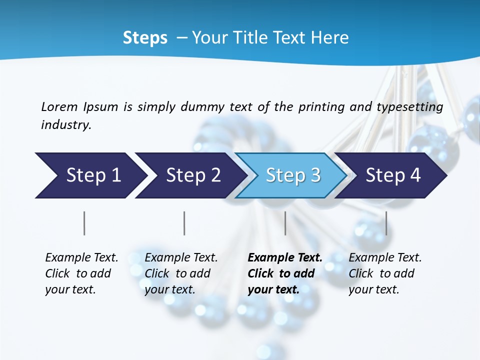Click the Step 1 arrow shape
click(x=92, y=175)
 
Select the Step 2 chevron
click(x=192, y=175)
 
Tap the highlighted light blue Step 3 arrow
click(x=292, y=175)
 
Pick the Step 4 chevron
click(x=392, y=175)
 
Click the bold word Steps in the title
click(x=145, y=38)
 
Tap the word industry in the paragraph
click(x=65, y=125)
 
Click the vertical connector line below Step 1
click(x=84, y=223)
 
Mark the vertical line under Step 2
click(x=184, y=223)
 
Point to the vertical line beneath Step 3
click(x=285, y=223)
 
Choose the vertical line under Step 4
click(x=386, y=223)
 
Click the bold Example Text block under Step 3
click(x=284, y=273)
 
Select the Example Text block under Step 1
click(x=81, y=273)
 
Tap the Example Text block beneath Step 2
click(x=180, y=273)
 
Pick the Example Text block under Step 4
click(x=384, y=273)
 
